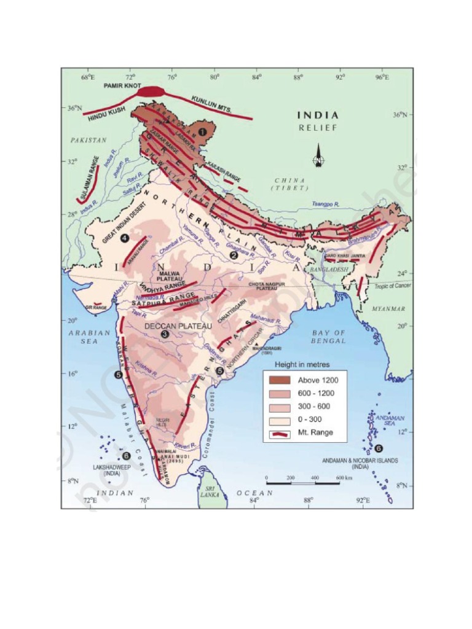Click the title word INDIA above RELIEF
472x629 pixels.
(318, 115)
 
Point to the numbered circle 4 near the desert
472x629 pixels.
(125, 238)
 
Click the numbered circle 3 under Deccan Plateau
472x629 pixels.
(164, 334)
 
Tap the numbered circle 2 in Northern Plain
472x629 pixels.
(233, 255)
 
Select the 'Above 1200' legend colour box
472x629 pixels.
(277, 380)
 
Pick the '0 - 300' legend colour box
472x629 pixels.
(277, 420)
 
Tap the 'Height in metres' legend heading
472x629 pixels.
(302, 364)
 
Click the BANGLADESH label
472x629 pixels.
(328, 270)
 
